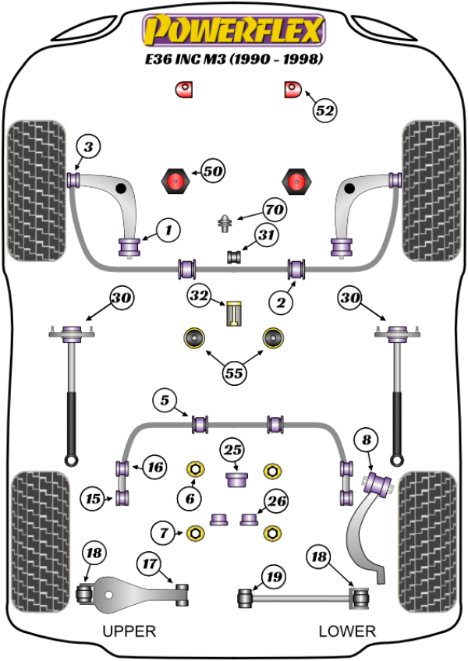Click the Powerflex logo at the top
click(234, 30)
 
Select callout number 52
click(325, 111)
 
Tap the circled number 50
click(213, 171)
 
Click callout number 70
click(275, 209)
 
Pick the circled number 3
click(88, 147)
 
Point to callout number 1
click(168, 230)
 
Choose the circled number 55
click(234, 373)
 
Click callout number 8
click(367, 440)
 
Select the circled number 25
click(232, 450)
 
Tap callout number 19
click(274, 576)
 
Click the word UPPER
click(129, 631)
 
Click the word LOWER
click(347, 631)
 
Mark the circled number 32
click(199, 295)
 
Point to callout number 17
click(150, 564)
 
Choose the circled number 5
click(165, 400)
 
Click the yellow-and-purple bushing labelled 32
click(234, 313)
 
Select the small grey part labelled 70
click(225, 223)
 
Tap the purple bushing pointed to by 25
click(236, 479)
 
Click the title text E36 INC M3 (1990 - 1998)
click(234, 59)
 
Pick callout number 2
click(281, 302)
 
